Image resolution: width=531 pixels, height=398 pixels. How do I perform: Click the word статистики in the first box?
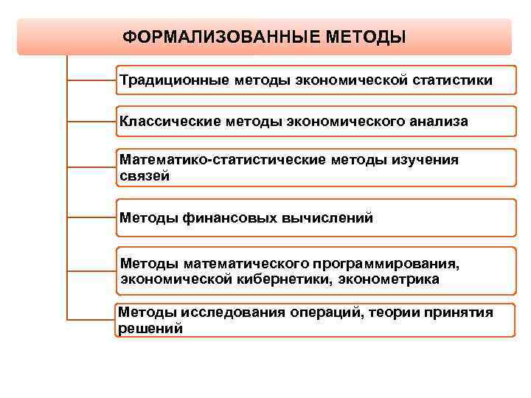pyautogui.click(x=453, y=79)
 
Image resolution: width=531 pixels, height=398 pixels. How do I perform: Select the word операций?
pyautogui.click(x=307, y=312)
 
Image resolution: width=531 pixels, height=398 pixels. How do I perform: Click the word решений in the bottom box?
pyautogui.click(x=150, y=329)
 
